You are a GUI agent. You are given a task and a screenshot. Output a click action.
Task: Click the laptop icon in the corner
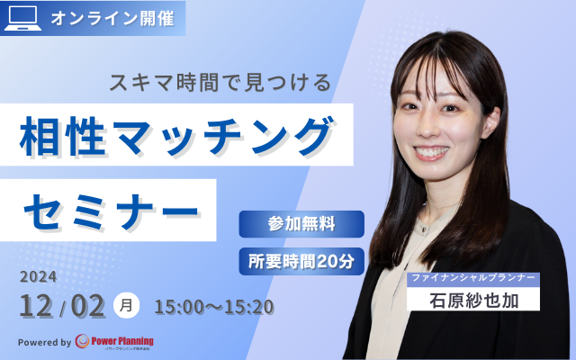pyautogui.click(x=22, y=17)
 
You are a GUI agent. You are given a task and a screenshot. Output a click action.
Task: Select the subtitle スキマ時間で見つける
pyautogui.click(x=220, y=82)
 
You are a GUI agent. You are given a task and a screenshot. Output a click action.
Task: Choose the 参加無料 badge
pyautogui.click(x=301, y=224)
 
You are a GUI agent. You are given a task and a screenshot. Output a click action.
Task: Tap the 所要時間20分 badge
pyautogui.click(x=301, y=261)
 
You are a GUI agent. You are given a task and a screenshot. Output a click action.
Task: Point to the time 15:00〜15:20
pyautogui.click(x=213, y=306)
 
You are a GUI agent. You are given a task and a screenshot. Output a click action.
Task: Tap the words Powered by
pyautogui.click(x=44, y=342)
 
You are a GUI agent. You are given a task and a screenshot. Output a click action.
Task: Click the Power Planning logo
pyautogui.click(x=114, y=342)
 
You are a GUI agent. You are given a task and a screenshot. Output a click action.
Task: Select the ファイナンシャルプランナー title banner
pyautogui.click(x=472, y=279)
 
